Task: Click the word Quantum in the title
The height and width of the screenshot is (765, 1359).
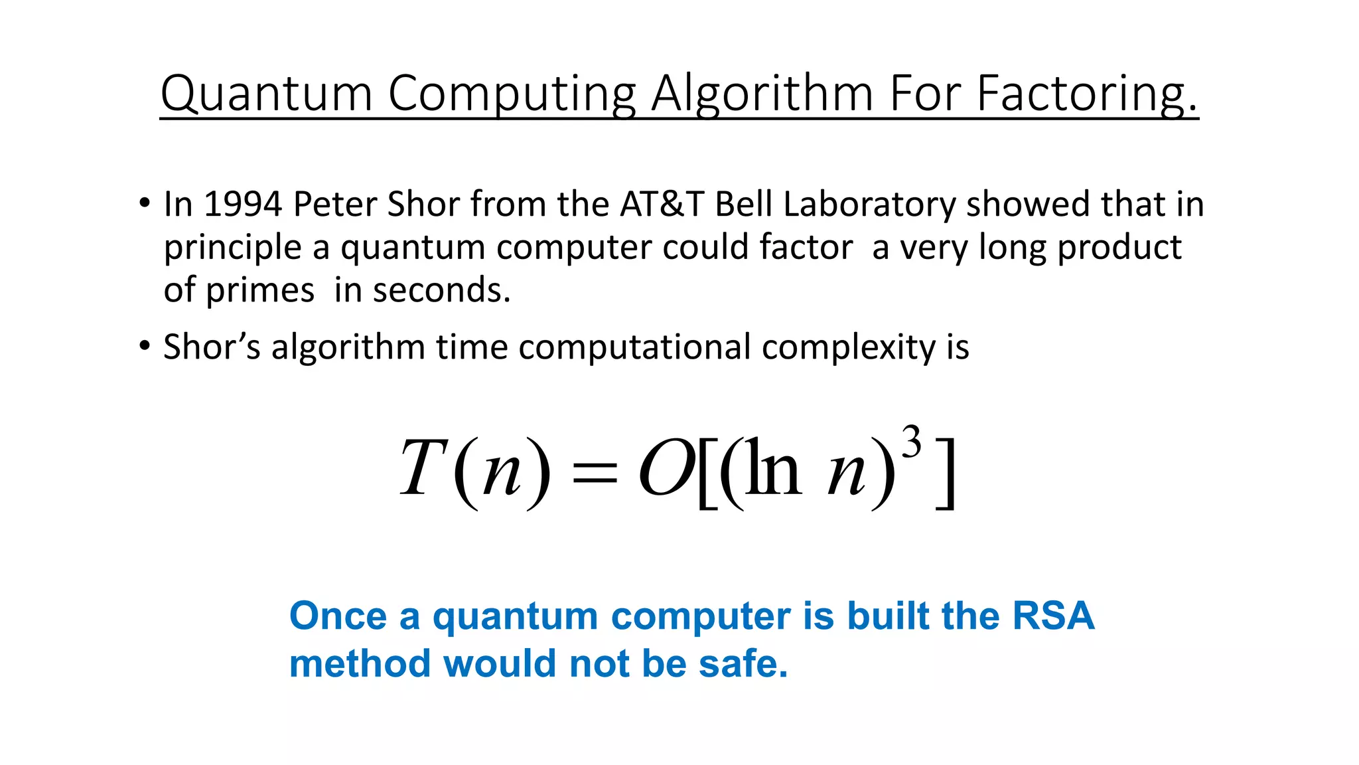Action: (x=266, y=94)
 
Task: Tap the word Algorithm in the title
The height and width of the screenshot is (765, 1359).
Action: (x=762, y=94)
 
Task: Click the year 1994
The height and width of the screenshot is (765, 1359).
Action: (x=243, y=204)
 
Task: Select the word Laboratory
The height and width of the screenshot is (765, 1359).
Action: (x=869, y=205)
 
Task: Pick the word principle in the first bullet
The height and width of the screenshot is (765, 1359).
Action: (x=232, y=248)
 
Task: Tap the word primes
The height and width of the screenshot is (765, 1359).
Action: (x=259, y=291)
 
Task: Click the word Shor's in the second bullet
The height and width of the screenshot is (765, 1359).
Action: (x=212, y=347)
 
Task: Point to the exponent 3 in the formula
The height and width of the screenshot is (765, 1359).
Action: (x=912, y=442)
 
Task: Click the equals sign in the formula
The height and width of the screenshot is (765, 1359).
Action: (x=594, y=472)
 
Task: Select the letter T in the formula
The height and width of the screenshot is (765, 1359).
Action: (x=422, y=467)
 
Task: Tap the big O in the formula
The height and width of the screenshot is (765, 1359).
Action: (x=666, y=469)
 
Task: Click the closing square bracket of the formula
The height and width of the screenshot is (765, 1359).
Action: (x=946, y=472)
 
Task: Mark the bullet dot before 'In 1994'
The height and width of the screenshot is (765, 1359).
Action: (x=145, y=203)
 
